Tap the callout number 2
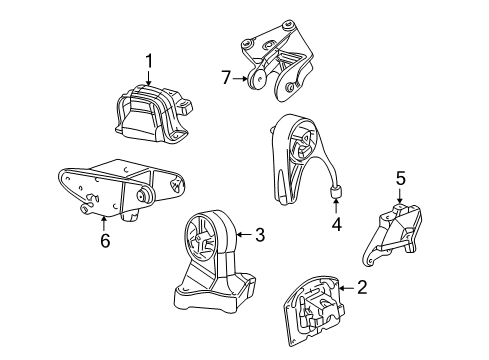[x=361, y=287]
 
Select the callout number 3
[x=259, y=235]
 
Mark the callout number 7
[x=226, y=78]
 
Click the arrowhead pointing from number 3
[x=239, y=235]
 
